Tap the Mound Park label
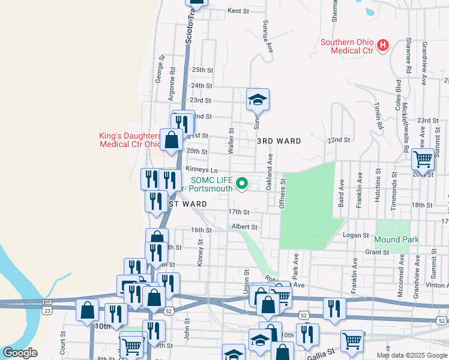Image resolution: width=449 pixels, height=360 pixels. coord(396,239)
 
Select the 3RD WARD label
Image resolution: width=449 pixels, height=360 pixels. coord(279,140)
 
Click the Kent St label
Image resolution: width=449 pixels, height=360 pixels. coord(238,11)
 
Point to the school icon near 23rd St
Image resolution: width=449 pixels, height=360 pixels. coord(258,99)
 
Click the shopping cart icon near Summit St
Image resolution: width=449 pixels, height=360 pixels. coord(423,159)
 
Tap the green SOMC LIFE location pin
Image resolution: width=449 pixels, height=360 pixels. coord(243,183)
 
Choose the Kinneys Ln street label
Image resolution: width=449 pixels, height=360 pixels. coord(201,170)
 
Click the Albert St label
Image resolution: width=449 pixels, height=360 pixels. coord(244,227)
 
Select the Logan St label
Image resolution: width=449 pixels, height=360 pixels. coord(354,235)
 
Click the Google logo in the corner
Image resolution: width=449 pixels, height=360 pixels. coord(20,353)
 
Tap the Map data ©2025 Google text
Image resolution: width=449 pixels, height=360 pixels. coord(411,355)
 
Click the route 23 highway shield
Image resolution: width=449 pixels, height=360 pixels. coord(47,310)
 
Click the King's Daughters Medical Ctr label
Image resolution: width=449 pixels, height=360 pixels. coord(129,140)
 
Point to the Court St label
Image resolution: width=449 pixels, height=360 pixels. coord(62,344)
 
